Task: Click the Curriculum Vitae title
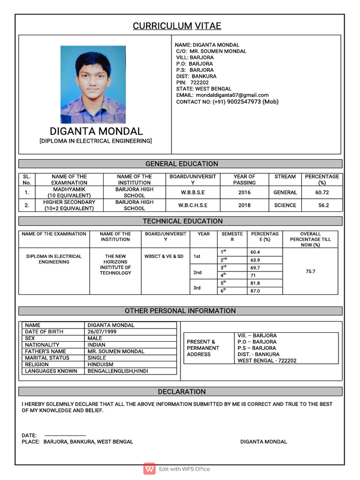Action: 177,26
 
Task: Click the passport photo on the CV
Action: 93,85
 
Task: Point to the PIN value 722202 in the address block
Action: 200,82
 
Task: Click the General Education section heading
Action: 181,164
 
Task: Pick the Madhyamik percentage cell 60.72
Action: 322,192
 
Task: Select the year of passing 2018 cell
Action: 244,205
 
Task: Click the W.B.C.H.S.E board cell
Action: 193,205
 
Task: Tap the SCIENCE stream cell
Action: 285,205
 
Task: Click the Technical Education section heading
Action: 182,221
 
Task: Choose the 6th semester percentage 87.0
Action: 255,291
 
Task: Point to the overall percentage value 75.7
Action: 310,271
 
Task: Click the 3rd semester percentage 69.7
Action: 255,268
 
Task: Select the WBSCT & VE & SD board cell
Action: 164,256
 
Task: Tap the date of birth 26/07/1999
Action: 102,331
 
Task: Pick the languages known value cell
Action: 118,371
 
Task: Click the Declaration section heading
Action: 181,391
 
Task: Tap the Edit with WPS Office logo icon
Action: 150,469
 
